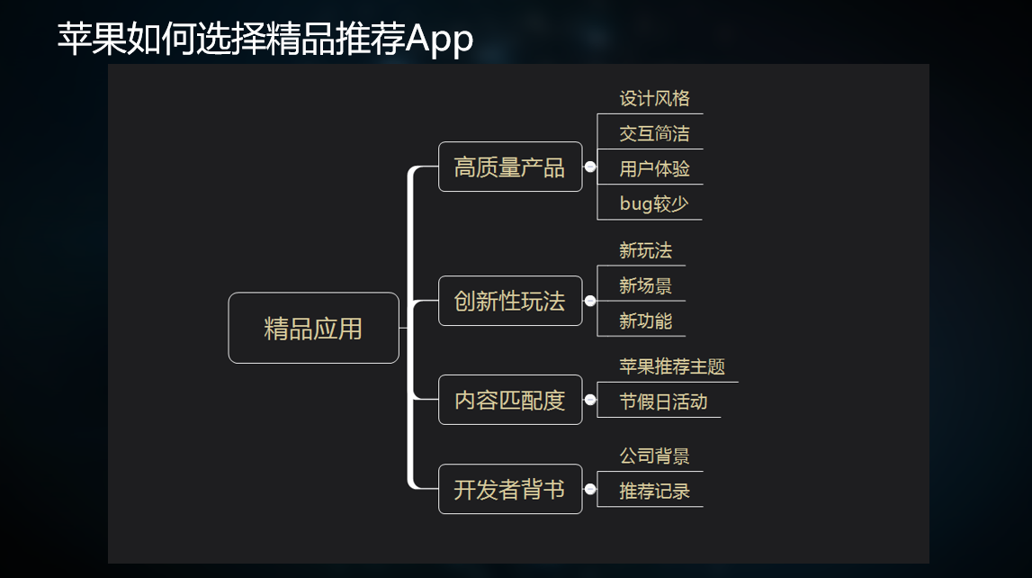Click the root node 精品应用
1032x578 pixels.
pos(313,329)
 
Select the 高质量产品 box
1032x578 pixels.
pos(510,167)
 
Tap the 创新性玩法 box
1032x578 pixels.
pos(510,302)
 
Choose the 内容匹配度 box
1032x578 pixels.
pos(510,400)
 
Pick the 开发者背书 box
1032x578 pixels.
pos(510,490)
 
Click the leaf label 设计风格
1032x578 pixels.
pos(654,99)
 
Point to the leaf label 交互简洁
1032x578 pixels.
pos(654,134)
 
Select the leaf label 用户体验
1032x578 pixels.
pos(654,168)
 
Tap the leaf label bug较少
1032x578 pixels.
pos(653,203)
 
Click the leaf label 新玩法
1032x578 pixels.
pos(645,250)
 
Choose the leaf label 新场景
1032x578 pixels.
pos(645,286)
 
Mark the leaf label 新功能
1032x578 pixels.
pos(645,321)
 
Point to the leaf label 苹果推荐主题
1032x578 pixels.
pos(671,367)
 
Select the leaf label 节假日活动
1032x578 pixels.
pos(663,402)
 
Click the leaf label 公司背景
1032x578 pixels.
pos(654,456)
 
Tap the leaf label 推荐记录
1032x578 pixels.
pos(654,492)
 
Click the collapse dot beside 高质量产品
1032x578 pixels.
pos(590,167)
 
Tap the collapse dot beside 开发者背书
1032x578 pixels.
pos(590,489)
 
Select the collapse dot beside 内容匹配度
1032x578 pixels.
pos(590,400)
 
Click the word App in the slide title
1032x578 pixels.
pos(439,40)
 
